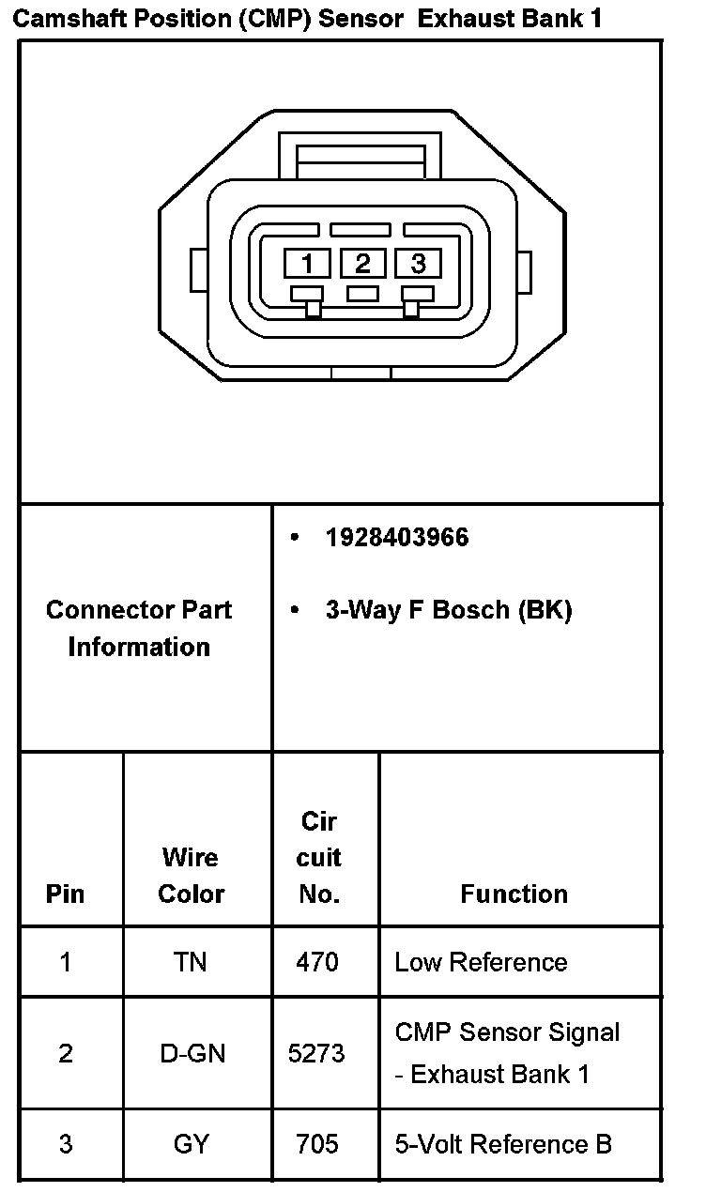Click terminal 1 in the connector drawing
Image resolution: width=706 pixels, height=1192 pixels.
click(308, 263)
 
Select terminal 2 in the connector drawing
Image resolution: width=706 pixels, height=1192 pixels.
click(362, 263)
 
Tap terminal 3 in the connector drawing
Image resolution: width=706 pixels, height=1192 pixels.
click(418, 263)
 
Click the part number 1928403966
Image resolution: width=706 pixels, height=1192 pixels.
click(396, 538)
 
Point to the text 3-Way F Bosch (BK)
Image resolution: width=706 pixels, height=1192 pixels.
click(448, 610)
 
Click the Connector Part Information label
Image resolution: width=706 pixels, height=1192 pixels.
click(139, 628)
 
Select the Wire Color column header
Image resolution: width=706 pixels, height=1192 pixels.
click(191, 875)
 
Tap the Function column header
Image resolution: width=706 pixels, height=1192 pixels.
click(514, 894)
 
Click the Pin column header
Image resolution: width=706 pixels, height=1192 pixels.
click(65, 894)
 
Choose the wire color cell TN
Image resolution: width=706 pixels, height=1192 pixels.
click(191, 962)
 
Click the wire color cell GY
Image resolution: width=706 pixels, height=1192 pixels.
click(192, 1144)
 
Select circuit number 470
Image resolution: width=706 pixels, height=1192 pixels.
click(317, 962)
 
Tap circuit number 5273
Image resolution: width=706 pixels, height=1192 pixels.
click(317, 1053)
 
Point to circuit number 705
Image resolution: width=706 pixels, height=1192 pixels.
click(317, 1144)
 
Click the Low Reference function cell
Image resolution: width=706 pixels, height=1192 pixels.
click(481, 962)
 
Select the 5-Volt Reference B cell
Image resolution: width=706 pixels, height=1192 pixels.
click(503, 1144)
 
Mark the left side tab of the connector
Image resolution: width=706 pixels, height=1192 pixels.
click(198, 270)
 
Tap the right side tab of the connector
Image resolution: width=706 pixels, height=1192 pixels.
click(525, 270)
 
